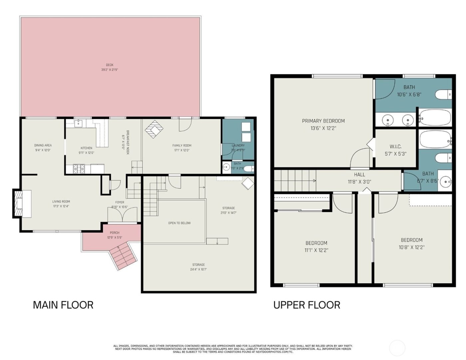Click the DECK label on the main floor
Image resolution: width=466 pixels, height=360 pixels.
(x=110, y=65)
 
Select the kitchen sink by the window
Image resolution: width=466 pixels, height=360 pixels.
(x=78, y=124)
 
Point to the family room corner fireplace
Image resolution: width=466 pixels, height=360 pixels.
(x=154, y=129)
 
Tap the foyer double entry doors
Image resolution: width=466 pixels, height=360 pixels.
(x=122, y=215)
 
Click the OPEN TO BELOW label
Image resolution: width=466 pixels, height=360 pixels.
(x=179, y=223)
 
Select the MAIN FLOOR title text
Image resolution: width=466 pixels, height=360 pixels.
(x=63, y=305)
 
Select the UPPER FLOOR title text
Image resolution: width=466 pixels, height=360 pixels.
(x=307, y=305)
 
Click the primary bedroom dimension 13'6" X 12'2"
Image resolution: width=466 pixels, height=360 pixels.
(x=323, y=128)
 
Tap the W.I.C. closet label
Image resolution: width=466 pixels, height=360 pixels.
(x=395, y=147)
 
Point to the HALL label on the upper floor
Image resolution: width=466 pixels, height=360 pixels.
(x=359, y=175)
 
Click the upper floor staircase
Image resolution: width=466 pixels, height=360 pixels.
(x=294, y=181)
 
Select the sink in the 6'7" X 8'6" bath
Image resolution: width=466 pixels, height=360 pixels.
(x=445, y=182)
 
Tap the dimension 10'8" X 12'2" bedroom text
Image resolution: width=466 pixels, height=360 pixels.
(x=411, y=247)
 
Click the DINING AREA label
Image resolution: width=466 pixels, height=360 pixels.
(x=43, y=145)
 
